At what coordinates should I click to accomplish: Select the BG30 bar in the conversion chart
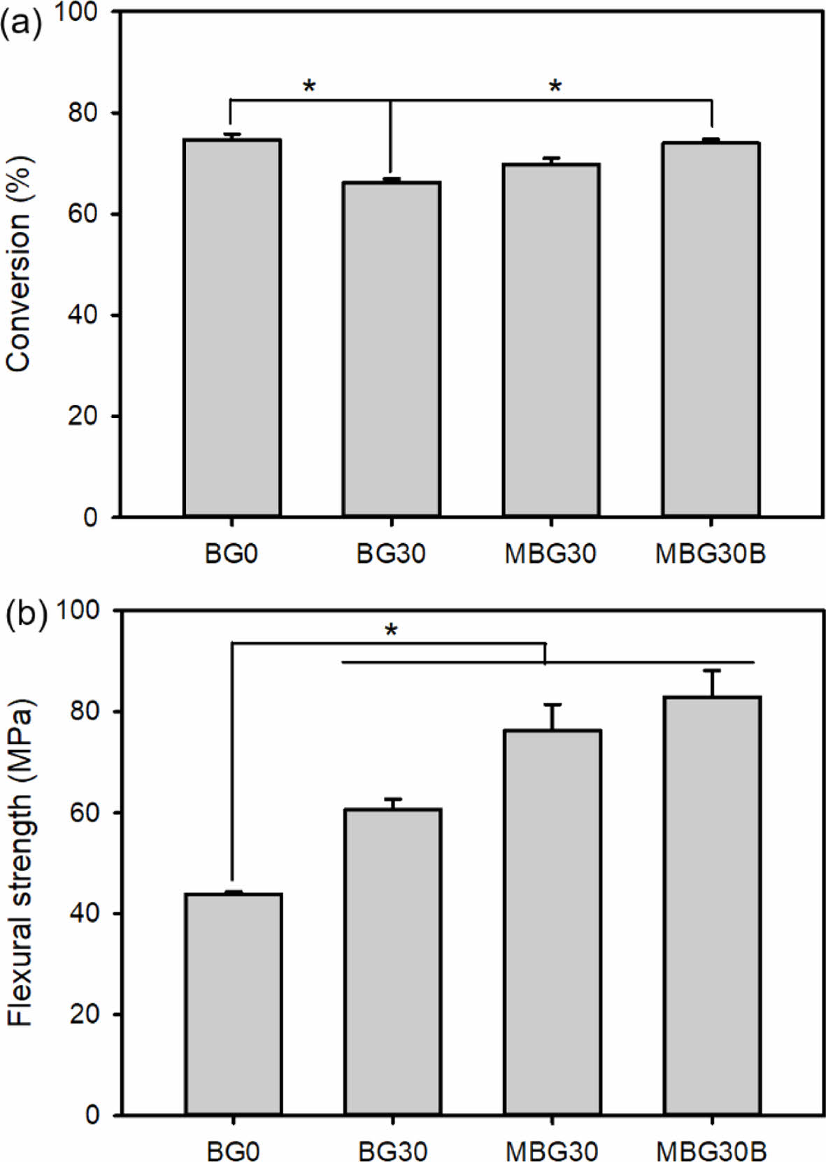[x=391, y=349]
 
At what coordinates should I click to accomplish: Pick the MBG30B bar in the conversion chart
[x=711, y=329]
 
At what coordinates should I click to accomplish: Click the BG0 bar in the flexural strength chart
[x=234, y=1003]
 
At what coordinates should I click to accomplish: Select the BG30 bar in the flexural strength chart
[x=392, y=961]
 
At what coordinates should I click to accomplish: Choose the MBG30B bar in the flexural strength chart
[x=712, y=905]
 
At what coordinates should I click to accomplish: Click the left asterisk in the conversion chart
[x=309, y=87]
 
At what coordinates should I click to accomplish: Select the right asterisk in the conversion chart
[x=555, y=87]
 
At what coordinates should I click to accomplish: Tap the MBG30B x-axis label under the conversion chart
[x=710, y=554]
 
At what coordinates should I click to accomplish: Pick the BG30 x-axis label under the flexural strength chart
[x=392, y=1150]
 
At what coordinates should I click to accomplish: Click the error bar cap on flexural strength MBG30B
[x=712, y=670]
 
